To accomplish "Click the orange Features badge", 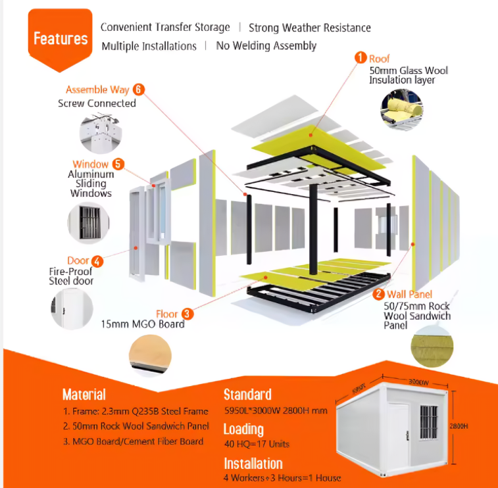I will pos(60,37).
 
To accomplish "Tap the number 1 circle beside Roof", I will pos(361,58).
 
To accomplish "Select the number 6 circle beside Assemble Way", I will pos(138,89).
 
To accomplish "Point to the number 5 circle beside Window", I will pos(118,164).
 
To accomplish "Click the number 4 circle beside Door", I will pos(97,261).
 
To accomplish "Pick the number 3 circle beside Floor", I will pos(187,314).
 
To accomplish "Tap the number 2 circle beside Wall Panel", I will pos(379,294).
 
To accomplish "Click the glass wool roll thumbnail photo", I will pos(402,107).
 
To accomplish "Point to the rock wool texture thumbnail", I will pos(430,348).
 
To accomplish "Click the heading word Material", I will pos(84,395).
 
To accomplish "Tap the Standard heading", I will pos(247,395).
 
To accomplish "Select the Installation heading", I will pos(253,464).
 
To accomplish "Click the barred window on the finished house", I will pos(428,422).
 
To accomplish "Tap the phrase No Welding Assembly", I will pos(266,46).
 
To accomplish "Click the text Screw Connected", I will pos(97,103).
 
